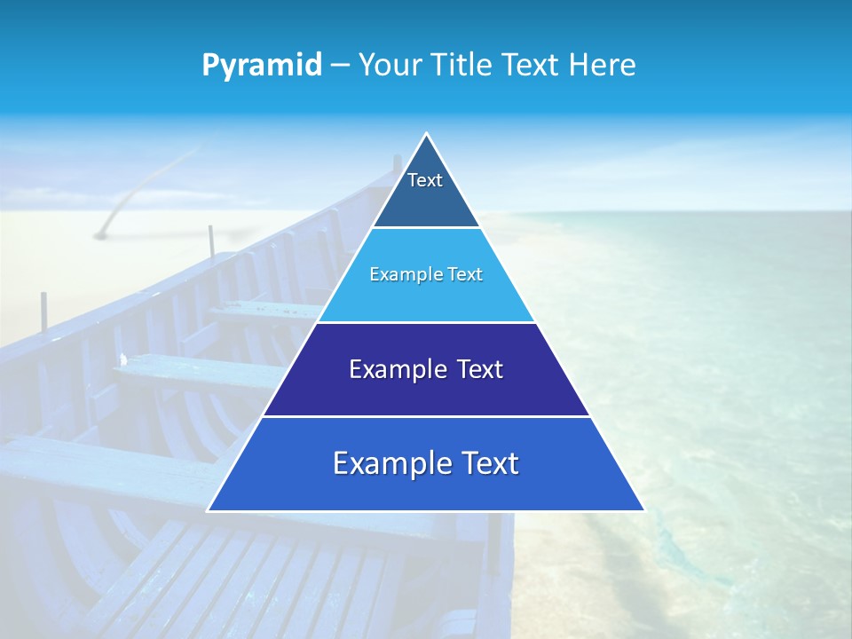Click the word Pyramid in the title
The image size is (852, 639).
click(x=261, y=66)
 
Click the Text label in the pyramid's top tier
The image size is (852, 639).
click(x=425, y=180)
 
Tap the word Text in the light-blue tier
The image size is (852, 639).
click(x=466, y=274)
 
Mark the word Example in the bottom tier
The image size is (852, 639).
click(x=392, y=463)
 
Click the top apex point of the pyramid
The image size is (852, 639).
click(x=426, y=133)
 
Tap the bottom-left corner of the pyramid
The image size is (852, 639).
click(x=208, y=510)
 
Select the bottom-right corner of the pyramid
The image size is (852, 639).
click(x=643, y=510)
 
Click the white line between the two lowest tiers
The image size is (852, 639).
click(x=426, y=416)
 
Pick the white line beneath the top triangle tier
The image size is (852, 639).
click(x=426, y=227)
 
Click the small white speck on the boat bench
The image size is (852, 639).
click(x=124, y=359)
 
